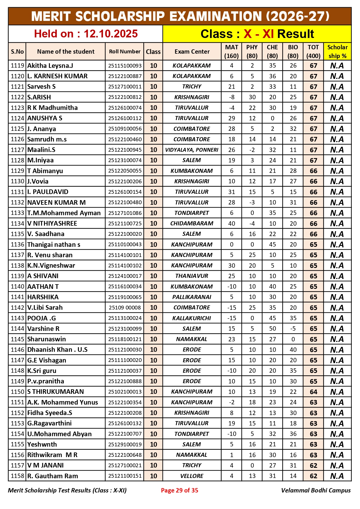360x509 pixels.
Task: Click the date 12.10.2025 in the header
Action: [111, 34]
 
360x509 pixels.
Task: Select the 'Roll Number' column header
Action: [124, 52]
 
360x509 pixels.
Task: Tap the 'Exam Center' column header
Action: [192, 52]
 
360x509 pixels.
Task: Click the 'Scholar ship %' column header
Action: [337, 52]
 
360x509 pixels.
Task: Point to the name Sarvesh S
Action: [41, 87]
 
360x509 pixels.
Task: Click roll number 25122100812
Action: [125, 97]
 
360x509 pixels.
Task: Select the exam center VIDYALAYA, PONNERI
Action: [192, 150]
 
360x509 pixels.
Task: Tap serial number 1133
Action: [17, 213]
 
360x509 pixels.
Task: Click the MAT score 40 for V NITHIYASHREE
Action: [231, 224]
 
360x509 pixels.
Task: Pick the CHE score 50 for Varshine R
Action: [272, 329]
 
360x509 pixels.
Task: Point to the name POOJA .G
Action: [41, 318]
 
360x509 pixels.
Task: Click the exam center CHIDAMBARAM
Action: [192, 224]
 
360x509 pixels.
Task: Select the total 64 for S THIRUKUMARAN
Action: [313, 392]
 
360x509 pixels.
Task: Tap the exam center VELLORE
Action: [192, 476]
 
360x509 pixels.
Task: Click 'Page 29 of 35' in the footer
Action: [180, 490]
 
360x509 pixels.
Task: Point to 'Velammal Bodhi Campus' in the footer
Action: [316, 490]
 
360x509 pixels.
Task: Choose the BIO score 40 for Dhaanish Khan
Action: [293, 350]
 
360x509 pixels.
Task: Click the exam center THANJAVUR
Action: [192, 276]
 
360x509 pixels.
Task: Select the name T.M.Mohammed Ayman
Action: [64, 213]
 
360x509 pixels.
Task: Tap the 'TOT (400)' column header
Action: [313, 52]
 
